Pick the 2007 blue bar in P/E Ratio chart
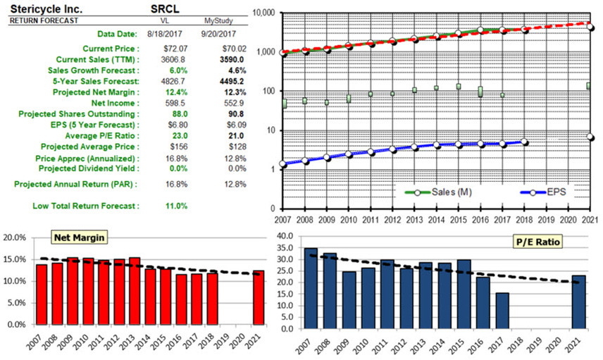(311, 288)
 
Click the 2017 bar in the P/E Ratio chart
(502, 311)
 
